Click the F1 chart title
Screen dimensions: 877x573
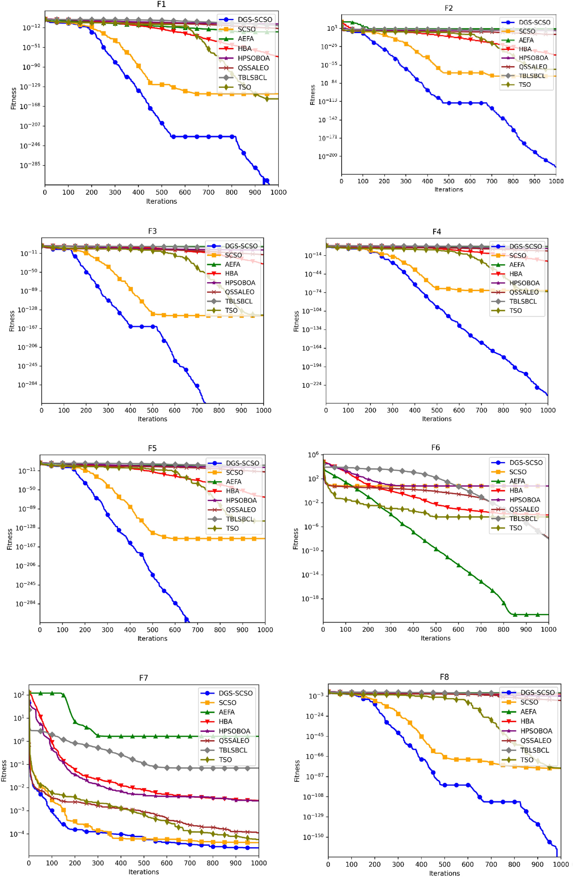[x=161, y=4]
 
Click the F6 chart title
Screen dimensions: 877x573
[x=435, y=447]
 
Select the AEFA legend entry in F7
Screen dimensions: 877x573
[x=226, y=712]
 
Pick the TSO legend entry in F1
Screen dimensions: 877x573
[x=244, y=87]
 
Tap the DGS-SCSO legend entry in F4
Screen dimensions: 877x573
[x=525, y=247]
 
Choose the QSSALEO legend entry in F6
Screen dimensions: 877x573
[x=523, y=509]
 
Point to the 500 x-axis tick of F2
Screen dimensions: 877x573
[x=448, y=181]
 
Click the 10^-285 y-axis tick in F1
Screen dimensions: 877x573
[x=30, y=166]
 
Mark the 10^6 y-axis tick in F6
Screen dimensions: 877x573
[x=313, y=455]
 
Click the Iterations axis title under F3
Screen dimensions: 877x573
[x=152, y=419]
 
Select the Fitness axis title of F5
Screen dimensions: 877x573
[x=10, y=539]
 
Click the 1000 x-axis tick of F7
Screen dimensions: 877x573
[x=258, y=863]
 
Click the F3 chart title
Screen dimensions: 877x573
[x=152, y=231]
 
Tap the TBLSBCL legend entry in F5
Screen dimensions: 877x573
[x=239, y=519]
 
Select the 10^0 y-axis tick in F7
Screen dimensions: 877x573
[x=19, y=742]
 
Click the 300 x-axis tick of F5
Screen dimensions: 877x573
[x=107, y=630]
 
